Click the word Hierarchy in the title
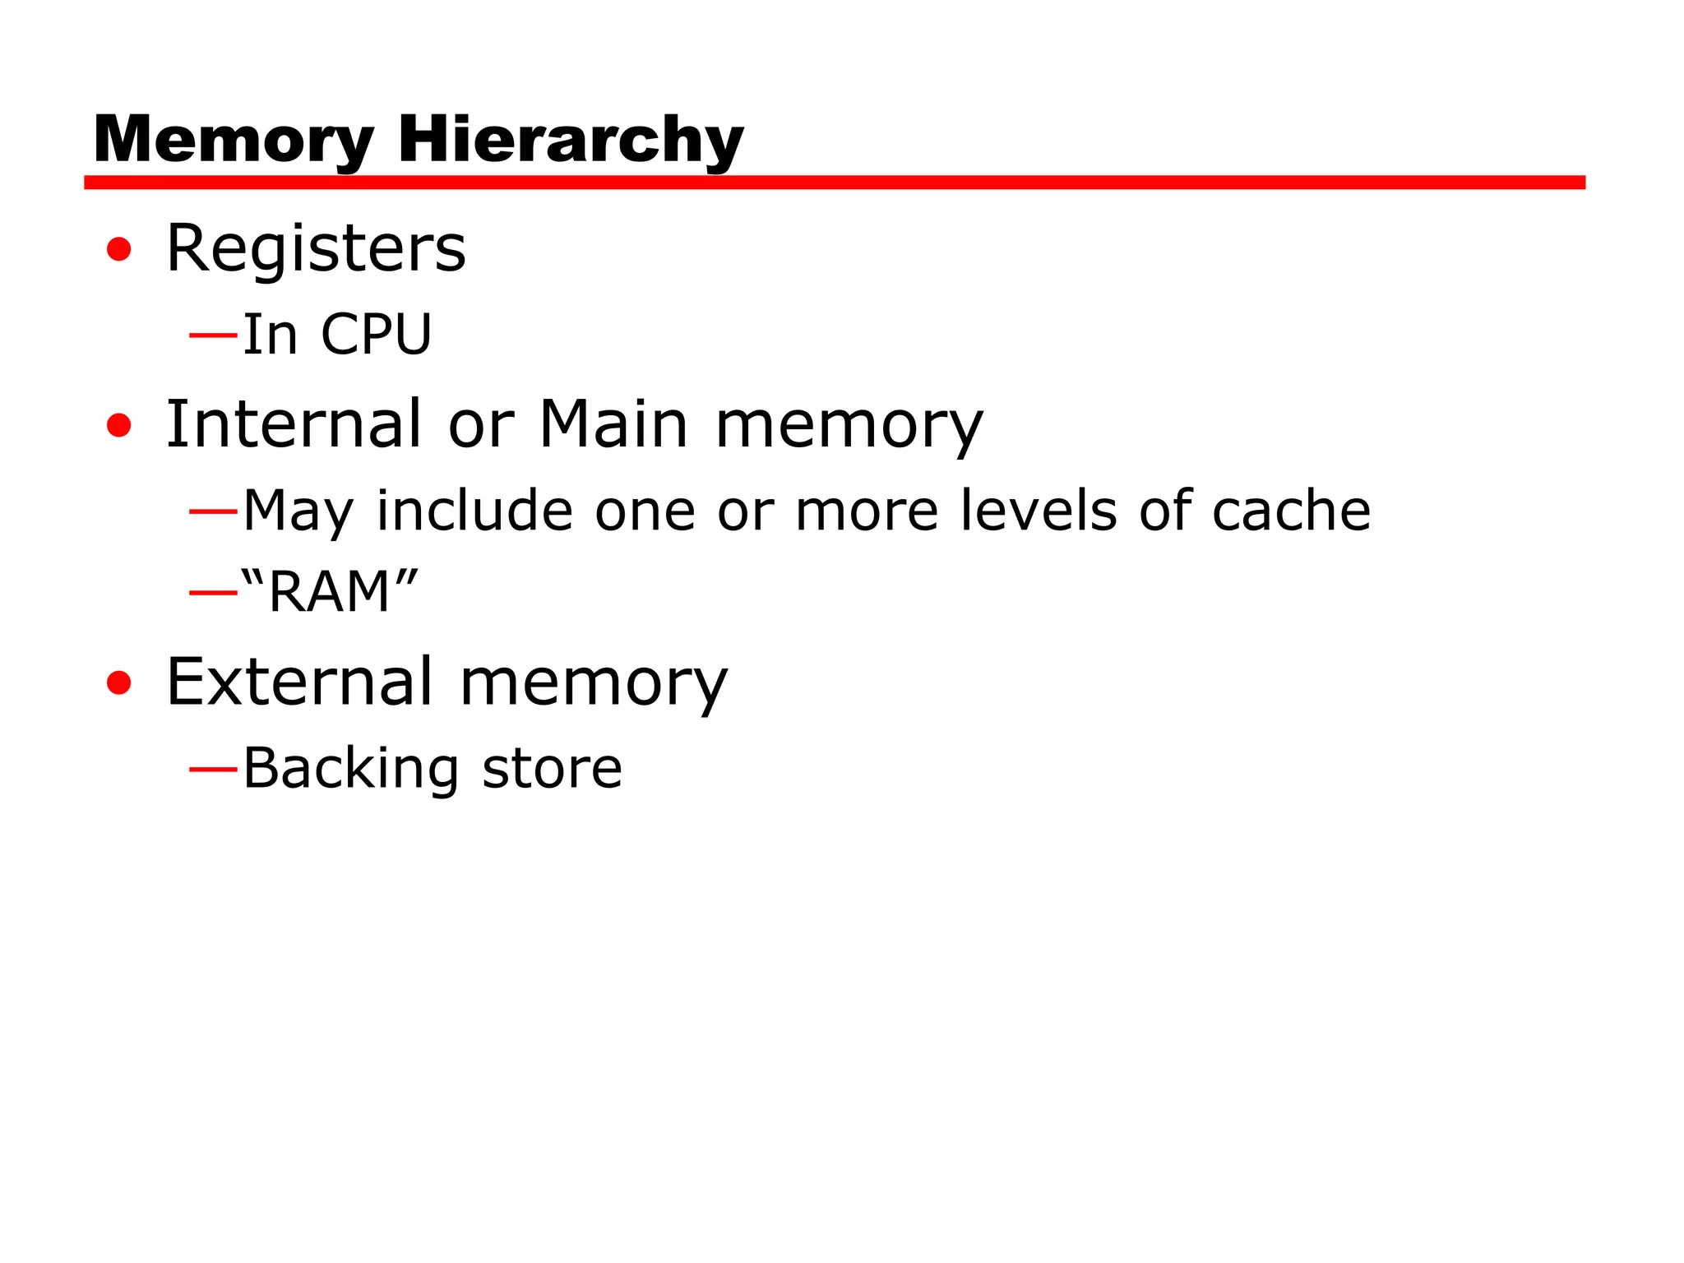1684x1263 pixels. coord(570,140)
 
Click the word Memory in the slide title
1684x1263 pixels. coord(234,140)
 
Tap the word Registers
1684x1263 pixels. coord(316,248)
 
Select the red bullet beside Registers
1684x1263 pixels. coord(119,249)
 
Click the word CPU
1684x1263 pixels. coord(376,335)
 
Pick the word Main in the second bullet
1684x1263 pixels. coord(613,424)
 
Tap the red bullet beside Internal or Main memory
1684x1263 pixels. coord(119,425)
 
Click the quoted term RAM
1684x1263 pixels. coord(330,591)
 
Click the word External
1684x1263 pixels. coord(299,682)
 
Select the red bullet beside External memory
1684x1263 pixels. coord(119,682)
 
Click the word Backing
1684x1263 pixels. coord(350,769)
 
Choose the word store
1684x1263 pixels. coord(552,769)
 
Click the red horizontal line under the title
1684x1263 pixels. coord(834,183)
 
